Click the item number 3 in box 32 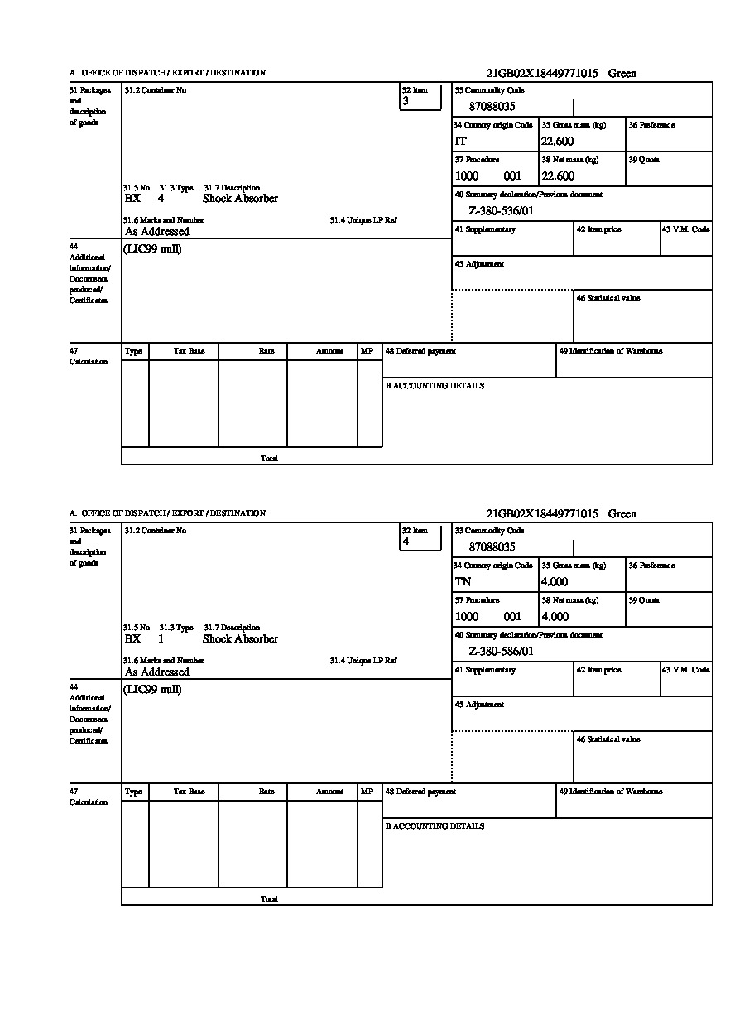coord(406,101)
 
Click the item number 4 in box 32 coord(406,542)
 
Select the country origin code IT coord(461,142)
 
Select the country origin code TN coord(463,582)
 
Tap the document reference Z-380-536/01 coord(501,211)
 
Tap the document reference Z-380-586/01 coord(501,652)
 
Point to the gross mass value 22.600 coord(557,142)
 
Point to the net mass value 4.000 coord(555,617)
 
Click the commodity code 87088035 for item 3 coord(492,107)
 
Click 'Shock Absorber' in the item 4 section coord(240,639)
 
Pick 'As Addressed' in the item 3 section coord(157,232)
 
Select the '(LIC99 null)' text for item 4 coord(153,690)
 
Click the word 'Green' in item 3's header coord(622,74)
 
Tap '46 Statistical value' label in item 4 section coord(608,739)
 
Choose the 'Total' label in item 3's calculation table coord(269,458)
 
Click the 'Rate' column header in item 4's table coord(267,792)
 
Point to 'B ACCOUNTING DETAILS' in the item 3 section coord(435,386)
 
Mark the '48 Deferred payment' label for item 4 coord(420,792)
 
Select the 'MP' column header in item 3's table coord(367,351)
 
